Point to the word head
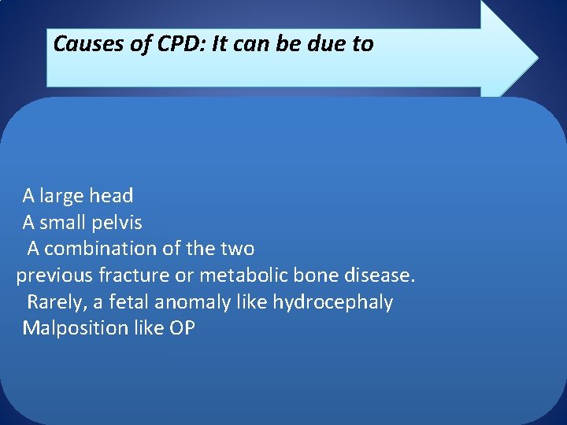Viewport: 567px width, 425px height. [x=111, y=195]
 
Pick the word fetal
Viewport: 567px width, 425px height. [x=129, y=302]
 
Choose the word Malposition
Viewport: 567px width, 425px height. [x=75, y=328]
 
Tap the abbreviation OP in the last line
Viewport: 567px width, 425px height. [x=182, y=328]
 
